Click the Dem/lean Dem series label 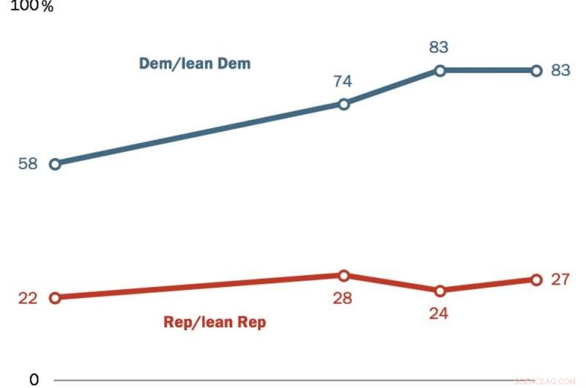click(x=195, y=64)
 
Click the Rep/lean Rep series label click(x=214, y=322)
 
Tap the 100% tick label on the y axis click(x=31, y=7)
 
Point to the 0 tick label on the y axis click(x=34, y=379)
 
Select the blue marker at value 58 click(x=54, y=164)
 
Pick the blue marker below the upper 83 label click(x=439, y=71)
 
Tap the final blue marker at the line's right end click(x=535, y=71)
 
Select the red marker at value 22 click(x=54, y=298)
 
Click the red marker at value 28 click(x=343, y=275)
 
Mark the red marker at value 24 click(x=439, y=291)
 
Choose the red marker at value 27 click(x=535, y=280)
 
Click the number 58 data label click(x=28, y=164)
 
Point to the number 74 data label click(x=343, y=81)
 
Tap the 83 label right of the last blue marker click(x=560, y=71)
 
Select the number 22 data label click(x=28, y=298)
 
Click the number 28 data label click(x=343, y=298)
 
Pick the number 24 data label click(x=439, y=313)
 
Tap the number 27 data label click(x=560, y=280)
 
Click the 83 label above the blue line click(x=439, y=48)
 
